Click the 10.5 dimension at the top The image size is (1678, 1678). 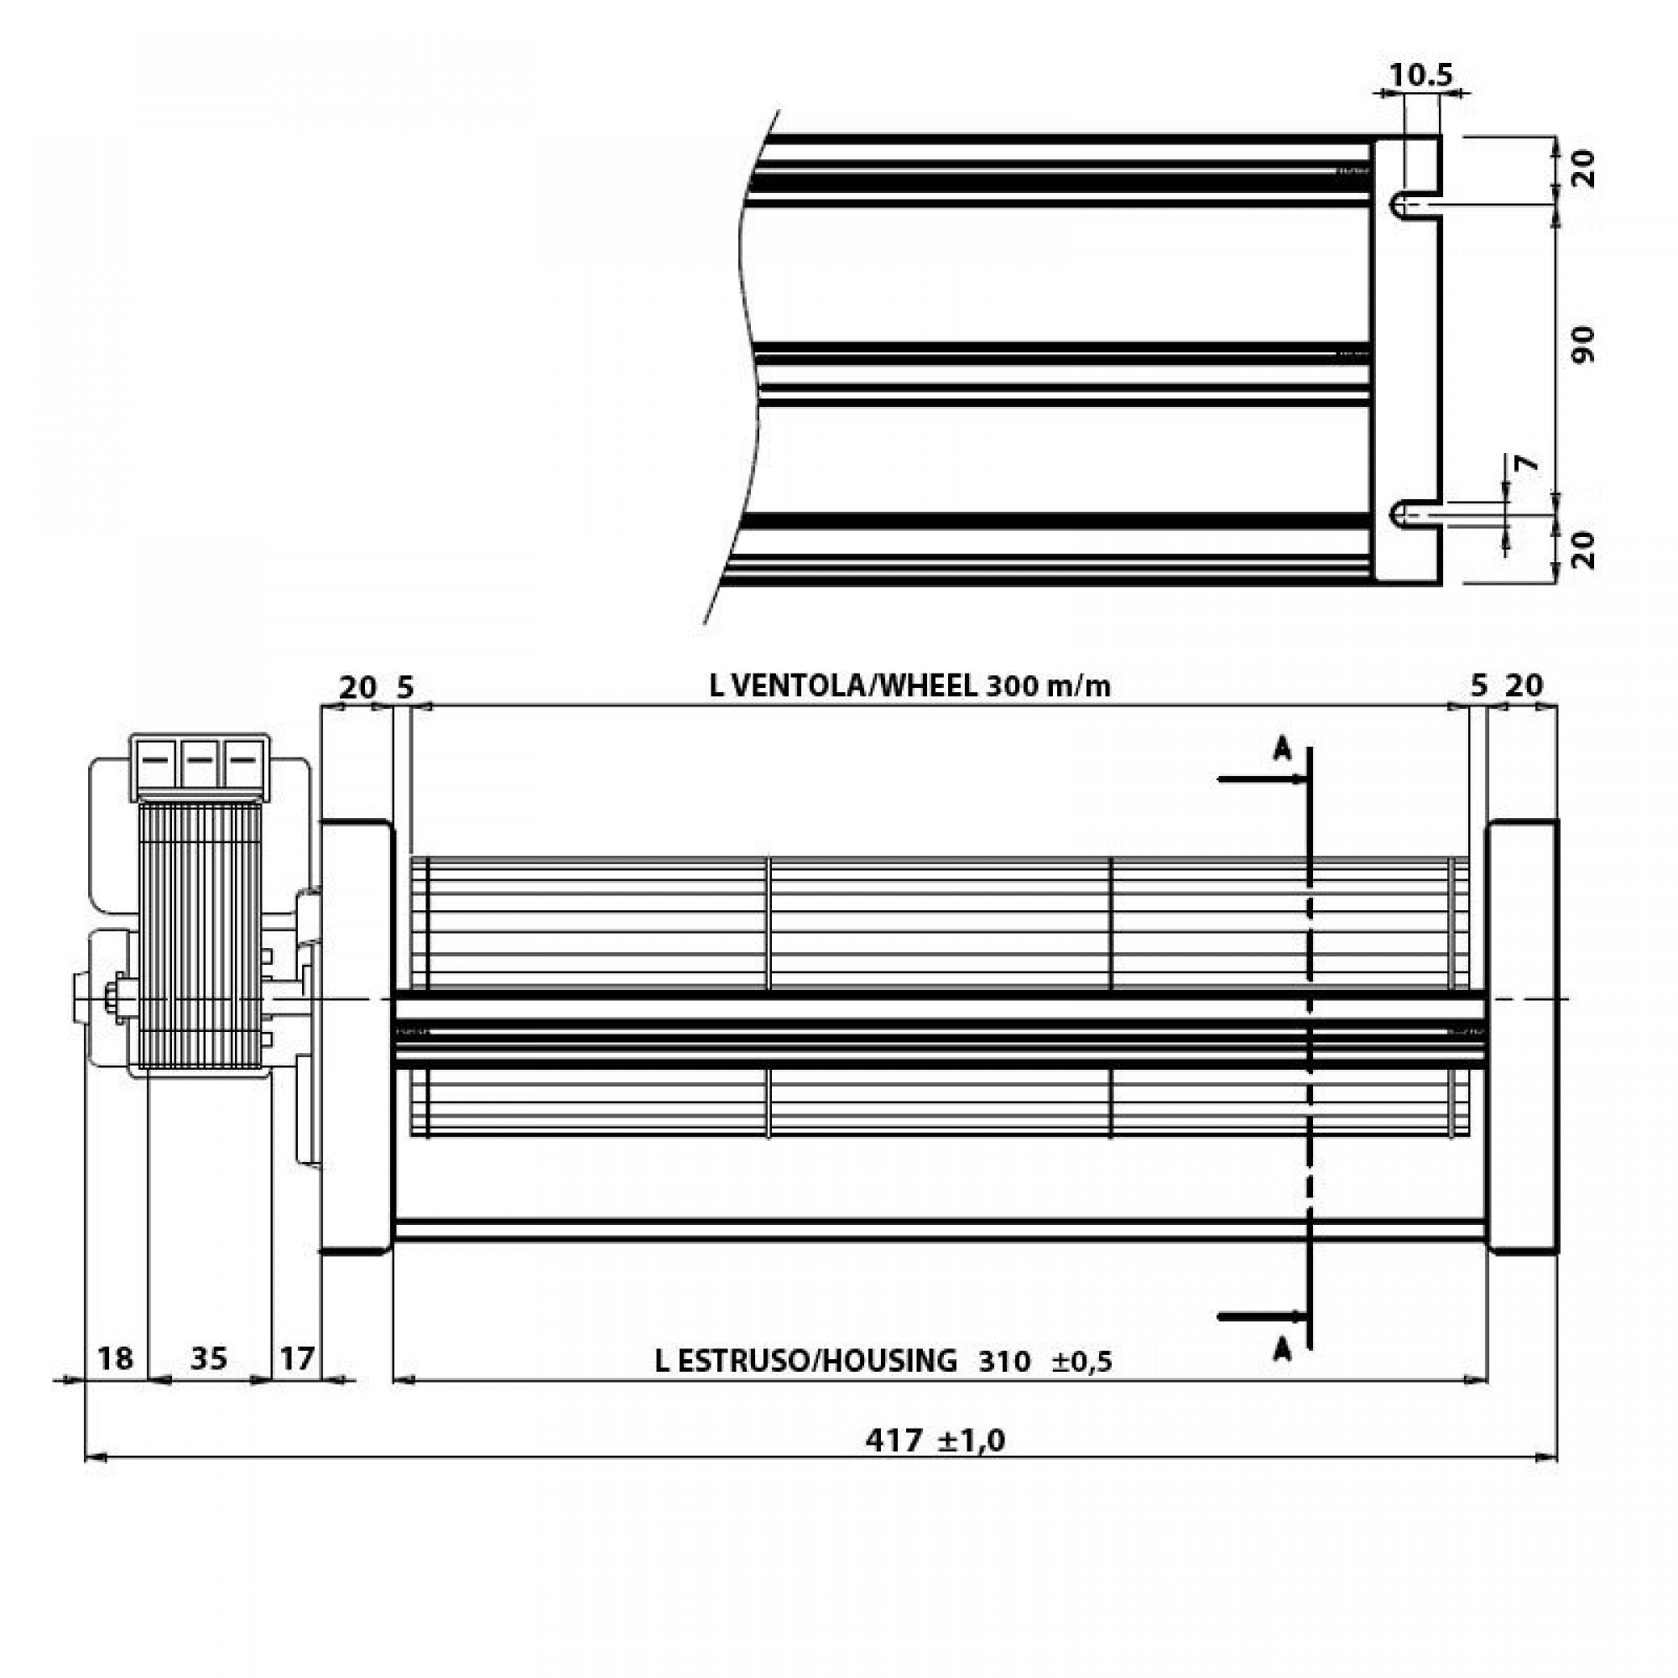tap(1420, 75)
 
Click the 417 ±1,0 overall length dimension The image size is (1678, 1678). tap(935, 1441)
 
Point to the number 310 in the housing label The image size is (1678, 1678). tap(1003, 1361)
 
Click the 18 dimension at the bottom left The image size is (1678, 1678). tap(115, 1358)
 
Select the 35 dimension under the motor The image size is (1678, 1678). tap(208, 1358)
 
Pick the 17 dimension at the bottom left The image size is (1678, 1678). tap(297, 1358)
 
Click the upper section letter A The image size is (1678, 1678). tap(1282, 748)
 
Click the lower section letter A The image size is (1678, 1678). tap(1282, 1351)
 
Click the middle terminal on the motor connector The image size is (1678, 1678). tap(199, 762)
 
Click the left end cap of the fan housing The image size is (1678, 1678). tap(356, 1038)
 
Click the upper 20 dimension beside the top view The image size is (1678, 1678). tap(1583, 169)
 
